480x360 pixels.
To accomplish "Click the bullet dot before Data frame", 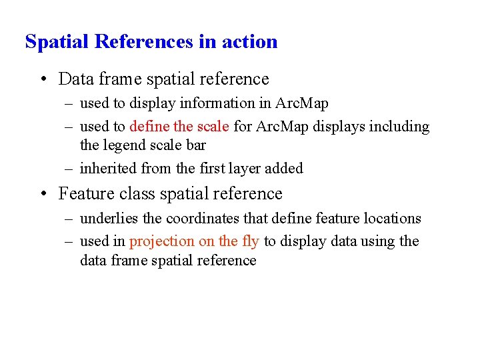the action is (x=43, y=79).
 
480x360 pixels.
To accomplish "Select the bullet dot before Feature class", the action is (x=43, y=194).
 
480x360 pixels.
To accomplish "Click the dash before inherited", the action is (x=70, y=169).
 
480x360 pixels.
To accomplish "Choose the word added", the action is (x=284, y=169).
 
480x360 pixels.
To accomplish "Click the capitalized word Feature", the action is (x=85, y=194).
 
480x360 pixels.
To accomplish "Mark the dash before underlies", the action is (x=70, y=219).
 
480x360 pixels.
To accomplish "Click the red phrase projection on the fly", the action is (x=194, y=241).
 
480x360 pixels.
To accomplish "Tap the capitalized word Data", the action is (x=75, y=79).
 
